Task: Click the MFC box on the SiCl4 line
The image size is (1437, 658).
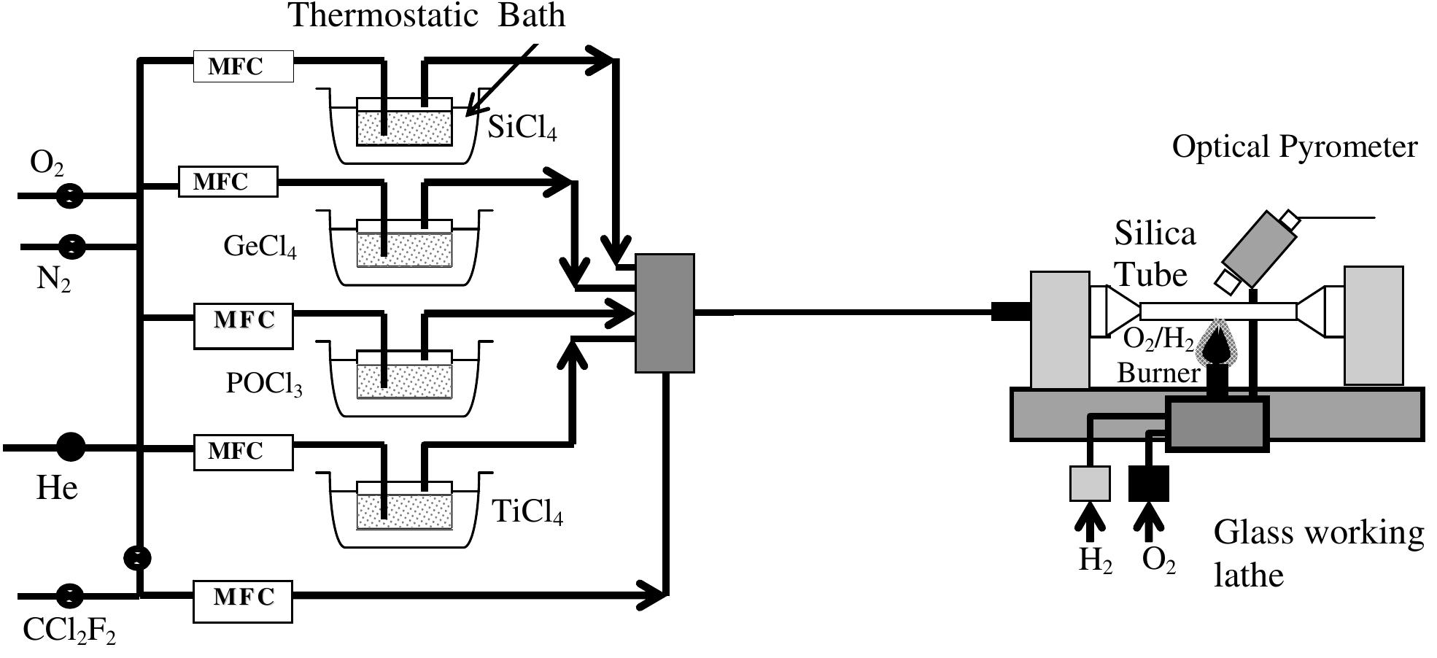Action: [243, 66]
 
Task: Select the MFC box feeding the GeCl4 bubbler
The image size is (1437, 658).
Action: [228, 182]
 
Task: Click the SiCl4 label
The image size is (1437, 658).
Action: [522, 128]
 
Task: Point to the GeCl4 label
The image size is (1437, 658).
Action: [260, 247]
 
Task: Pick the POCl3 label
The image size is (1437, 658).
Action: [263, 384]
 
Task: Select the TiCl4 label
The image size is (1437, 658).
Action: [527, 512]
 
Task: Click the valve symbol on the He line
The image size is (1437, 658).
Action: [71, 446]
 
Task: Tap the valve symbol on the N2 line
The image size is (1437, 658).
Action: [71, 247]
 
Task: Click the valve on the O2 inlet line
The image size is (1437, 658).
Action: [70, 196]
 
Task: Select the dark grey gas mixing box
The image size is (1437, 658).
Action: [665, 313]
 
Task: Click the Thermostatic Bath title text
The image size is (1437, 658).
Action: [427, 16]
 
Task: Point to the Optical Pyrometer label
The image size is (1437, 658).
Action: [1294, 147]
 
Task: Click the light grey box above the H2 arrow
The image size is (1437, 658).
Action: [1090, 484]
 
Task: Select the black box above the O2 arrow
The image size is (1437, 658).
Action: [1149, 484]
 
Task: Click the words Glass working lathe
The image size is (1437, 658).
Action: [1317, 553]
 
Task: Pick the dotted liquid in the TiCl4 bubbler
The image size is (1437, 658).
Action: [404, 512]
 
